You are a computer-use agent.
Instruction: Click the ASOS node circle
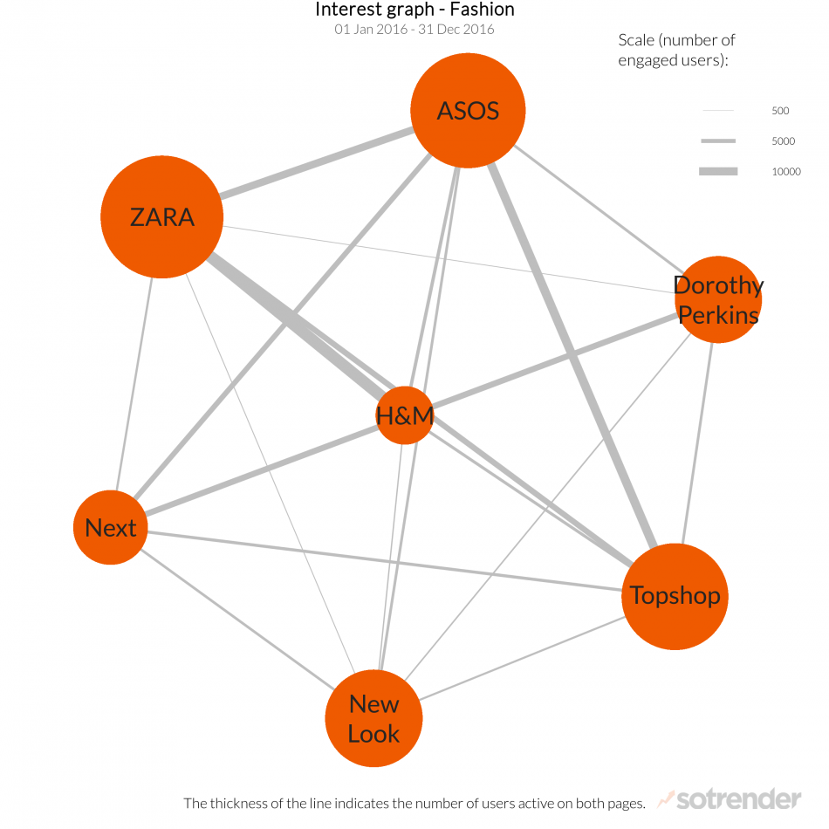coord(468,110)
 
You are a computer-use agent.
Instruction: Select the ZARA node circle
coord(161,216)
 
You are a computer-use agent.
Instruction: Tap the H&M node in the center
coord(405,415)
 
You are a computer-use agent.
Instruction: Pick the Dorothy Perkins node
coord(717,299)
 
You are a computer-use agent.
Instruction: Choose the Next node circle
coord(110,527)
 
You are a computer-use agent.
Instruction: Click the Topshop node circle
coord(675,596)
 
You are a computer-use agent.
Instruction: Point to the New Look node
coord(373,718)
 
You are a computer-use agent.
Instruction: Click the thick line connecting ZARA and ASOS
coord(316,163)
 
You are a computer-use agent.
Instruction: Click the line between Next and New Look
coord(236,615)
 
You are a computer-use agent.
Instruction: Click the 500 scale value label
coord(780,111)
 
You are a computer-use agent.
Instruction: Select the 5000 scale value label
coord(783,141)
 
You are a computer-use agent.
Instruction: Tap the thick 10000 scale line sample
coord(718,172)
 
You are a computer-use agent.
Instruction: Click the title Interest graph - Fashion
coord(414,10)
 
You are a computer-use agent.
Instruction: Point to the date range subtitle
coord(414,30)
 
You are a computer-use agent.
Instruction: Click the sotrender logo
coord(729,798)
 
